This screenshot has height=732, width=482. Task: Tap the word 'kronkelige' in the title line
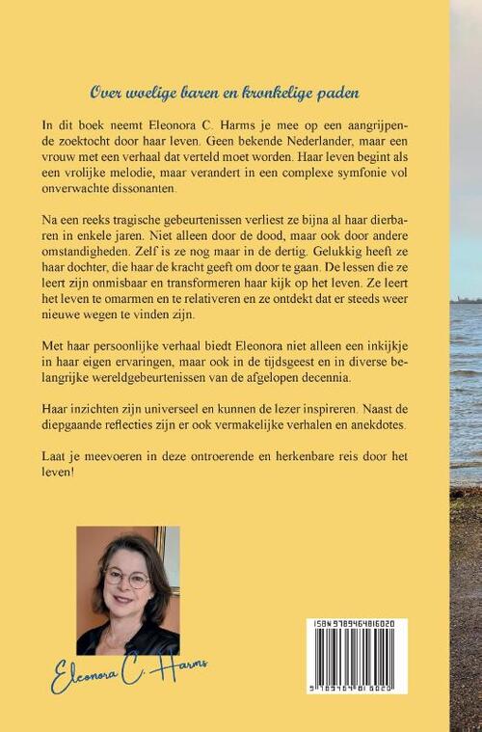click(x=279, y=94)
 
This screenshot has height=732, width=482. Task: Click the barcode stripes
click(x=355, y=660)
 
